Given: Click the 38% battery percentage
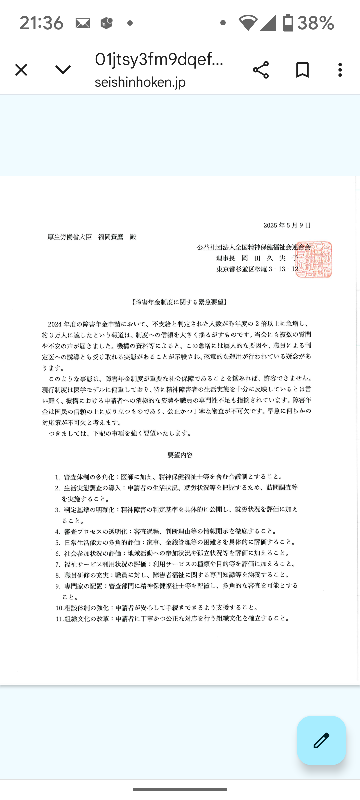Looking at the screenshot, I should click(x=315, y=22).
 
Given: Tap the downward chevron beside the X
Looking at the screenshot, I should click(x=63, y=69).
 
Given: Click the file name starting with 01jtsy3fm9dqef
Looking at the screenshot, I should click(x=159, y=59).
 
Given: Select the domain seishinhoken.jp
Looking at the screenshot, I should click(x=140, y=81).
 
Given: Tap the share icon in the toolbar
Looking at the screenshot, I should click(x=261, y=69).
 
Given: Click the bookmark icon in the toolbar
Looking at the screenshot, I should click(x=302, y=69).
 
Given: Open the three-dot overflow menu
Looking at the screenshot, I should click(x=339, y=69).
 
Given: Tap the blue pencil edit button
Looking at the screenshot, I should click(x=321, y=740).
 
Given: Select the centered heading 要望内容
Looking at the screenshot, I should click(x=180, y=450).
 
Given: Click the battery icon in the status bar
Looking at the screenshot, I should click(x=288, y=22).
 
